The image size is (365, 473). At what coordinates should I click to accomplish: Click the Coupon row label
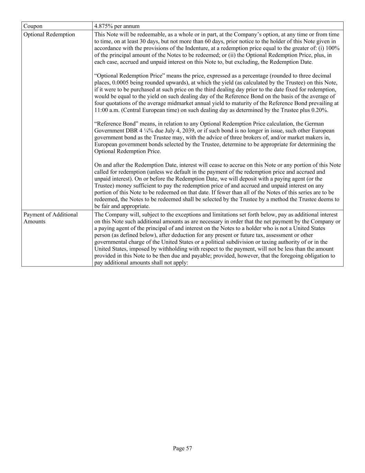click(x=33, y=26)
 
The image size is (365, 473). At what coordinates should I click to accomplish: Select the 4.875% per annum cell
click(x=117, y=26)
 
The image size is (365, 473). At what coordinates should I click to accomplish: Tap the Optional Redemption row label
click(x=49, y=34)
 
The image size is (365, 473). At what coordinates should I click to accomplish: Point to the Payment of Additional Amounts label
click(x=51, y=218)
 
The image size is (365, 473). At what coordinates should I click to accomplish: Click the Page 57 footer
click(x=182, y=448)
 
